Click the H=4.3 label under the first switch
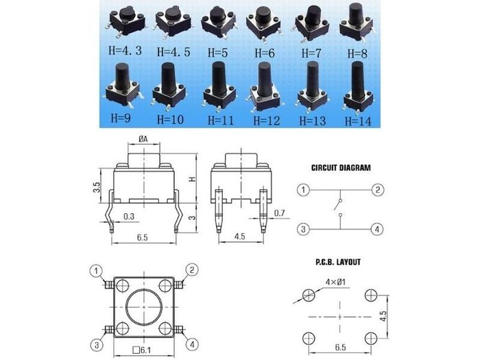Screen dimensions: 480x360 pos(125,51)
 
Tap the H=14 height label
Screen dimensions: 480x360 pos(358,121)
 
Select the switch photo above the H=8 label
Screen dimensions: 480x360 pos(357,23)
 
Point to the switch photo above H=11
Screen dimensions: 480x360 pos(219,86)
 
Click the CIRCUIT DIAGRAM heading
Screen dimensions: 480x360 pos(341,168)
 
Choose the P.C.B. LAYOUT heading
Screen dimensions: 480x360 pos(338,262)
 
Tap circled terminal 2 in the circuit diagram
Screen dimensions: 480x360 pos(378,190)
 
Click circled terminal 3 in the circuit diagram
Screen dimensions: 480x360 pos(303,229)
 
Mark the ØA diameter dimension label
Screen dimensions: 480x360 pos(143,139)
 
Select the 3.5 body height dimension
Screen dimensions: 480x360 pos(97,187)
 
